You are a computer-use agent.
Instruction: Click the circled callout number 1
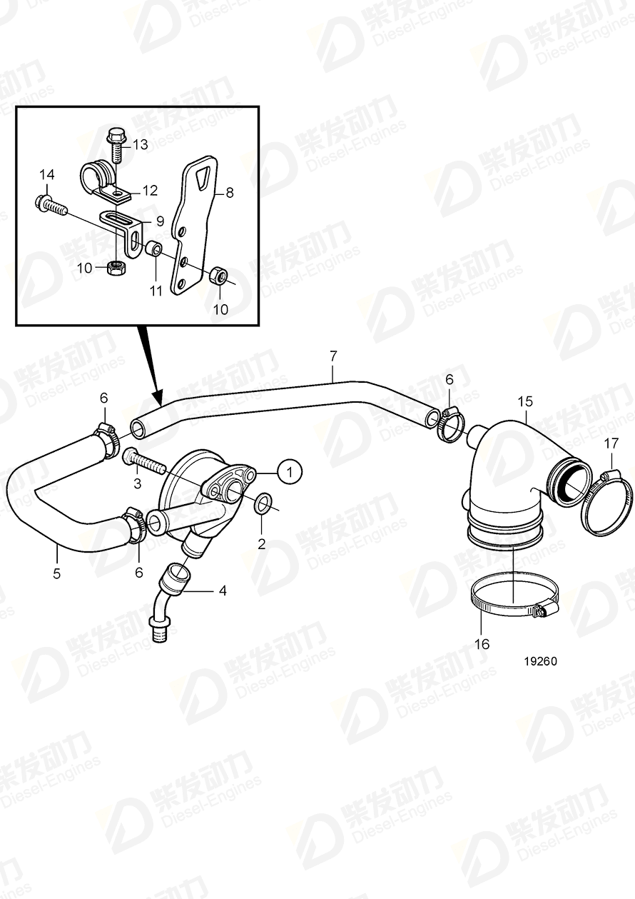(x=289, y=472)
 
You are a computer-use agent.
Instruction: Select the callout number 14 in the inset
(x=46, y=174)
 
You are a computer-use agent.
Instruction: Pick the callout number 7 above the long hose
(x=332, y=353)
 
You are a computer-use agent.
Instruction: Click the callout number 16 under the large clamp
(x=482, y=643)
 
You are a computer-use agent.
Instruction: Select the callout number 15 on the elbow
(x=525, y=401)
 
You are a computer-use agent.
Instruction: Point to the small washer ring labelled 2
(x=262, y=504)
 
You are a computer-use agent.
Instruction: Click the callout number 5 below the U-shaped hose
(x=56, y=572)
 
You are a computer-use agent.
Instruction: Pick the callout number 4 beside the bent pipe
(x=222, y=591)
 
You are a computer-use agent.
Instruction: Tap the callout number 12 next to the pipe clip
(x=150, y=190)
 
